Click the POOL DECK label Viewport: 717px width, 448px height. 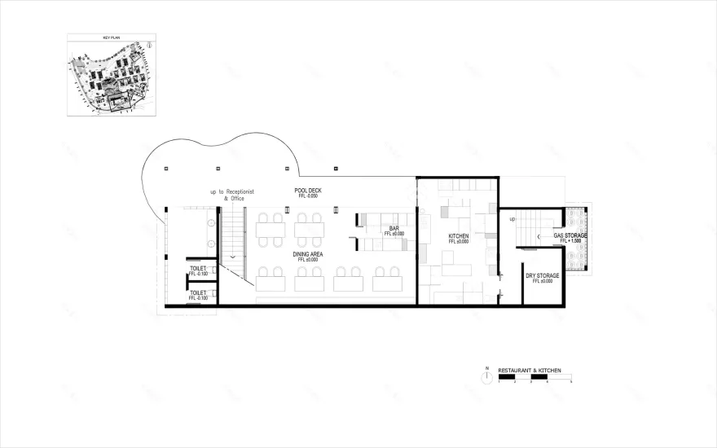click(309, 190)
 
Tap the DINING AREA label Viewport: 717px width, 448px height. click(309, 254)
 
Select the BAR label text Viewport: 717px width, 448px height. click(394, 228)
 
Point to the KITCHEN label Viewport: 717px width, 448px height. click(459, 236)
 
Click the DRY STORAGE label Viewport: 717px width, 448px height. click(542, 275)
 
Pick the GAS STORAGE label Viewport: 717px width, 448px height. click(570, 235)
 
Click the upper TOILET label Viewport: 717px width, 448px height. click(197, 268)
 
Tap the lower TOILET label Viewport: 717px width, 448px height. click(197, 293)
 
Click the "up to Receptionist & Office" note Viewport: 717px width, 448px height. click(232, 195)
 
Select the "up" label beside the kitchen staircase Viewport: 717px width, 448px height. click(512, 219)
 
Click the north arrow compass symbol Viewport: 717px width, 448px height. click(486, 375)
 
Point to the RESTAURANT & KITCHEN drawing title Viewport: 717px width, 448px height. click(530, 371)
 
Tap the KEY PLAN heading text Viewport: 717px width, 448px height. click(112, 38)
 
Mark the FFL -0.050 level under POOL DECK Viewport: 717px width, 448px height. click(309, 196)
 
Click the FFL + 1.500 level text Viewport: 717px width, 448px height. click(570, 241)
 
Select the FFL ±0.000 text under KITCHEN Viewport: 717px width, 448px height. click(459, 242)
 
